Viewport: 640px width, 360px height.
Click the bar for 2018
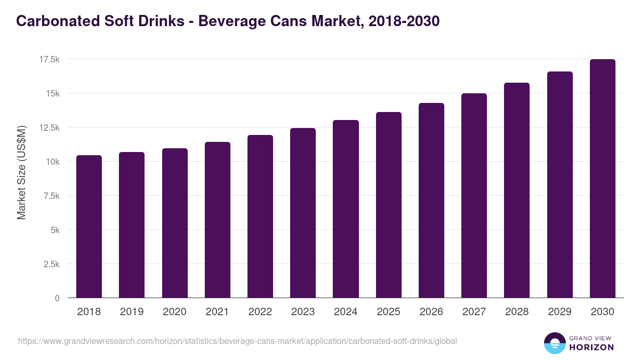89,227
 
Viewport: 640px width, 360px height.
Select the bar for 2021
217,220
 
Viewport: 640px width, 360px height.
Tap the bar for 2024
346,209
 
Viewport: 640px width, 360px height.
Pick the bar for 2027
474,196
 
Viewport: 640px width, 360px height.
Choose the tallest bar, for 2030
602,179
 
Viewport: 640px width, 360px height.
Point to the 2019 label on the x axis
132,312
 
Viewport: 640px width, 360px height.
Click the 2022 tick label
260,312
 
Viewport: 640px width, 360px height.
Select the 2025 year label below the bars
388,312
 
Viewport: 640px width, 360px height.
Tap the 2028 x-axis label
516,312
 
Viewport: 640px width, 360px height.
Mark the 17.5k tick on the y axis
49,59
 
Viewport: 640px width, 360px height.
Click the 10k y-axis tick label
52,162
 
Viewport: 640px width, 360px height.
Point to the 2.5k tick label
51,264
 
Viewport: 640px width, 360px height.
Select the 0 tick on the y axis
57,298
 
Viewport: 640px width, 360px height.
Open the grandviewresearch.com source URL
237,341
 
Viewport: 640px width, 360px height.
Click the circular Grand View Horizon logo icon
554,343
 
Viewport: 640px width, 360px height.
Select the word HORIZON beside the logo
591,347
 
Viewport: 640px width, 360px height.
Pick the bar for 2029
559,185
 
